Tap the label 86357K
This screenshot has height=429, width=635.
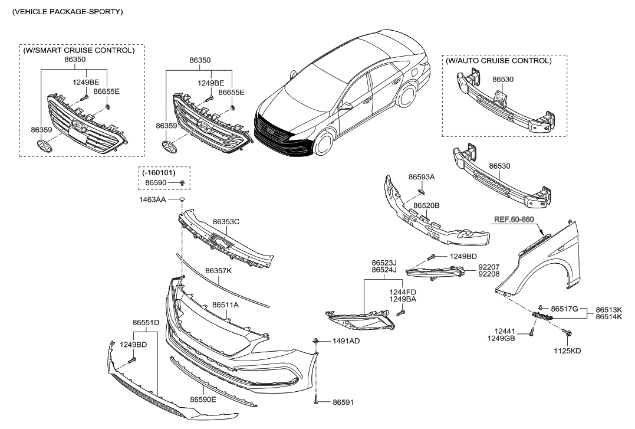click(x=218, y=270)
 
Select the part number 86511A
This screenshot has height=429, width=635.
click(x=225, y=305)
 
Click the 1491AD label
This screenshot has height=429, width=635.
click(x=346, y=341)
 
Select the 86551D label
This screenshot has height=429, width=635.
click(x=146, y=323)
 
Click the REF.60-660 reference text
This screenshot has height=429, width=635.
click(x=514, y=219)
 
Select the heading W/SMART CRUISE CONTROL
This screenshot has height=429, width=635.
click(x=78, y=51)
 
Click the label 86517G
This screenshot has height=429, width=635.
click(x=564, y=309)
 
